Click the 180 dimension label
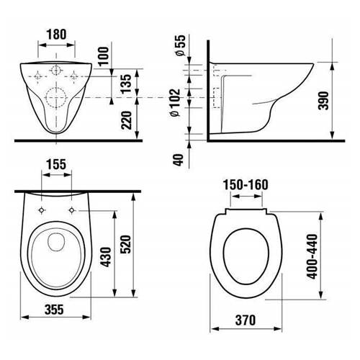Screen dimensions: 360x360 click(x=57, y=35)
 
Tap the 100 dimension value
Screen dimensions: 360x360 click(x=104, y=56)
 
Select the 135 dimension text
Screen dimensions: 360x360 click(x=126, y=84)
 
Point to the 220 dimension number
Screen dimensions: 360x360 click(x=126, y=120)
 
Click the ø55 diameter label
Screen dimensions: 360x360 click(x=181, y=45)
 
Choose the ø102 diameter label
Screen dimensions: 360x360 click(x=175, y=103)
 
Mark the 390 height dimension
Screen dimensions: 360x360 click(x=324, y=100)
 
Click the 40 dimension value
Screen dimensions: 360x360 click(x=179, y=160)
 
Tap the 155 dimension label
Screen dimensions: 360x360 click(x=56, y=165)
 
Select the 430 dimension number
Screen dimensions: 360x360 click(x=106, y=257)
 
